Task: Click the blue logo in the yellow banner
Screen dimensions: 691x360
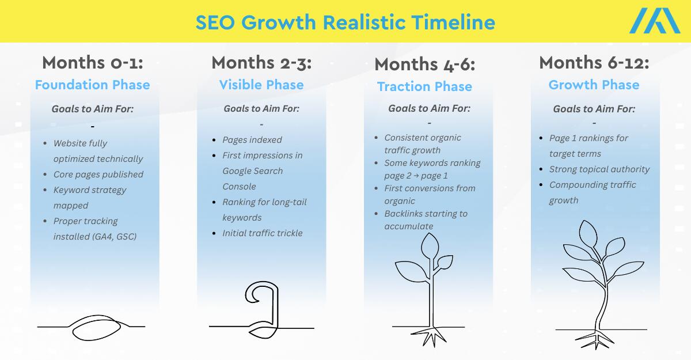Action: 655,21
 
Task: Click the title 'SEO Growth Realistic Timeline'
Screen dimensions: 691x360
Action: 345,22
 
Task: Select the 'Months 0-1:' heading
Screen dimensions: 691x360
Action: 93,63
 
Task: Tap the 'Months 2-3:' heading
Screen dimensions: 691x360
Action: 261,63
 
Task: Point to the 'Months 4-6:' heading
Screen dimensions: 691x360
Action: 425,65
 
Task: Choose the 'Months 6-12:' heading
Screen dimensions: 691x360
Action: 594,63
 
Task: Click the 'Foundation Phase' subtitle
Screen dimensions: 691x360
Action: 93,85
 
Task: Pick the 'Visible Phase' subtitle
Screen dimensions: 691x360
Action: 261,85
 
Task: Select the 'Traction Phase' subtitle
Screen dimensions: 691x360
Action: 425,86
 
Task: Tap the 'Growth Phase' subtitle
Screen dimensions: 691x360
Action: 594,85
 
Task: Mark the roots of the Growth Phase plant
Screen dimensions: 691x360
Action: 595,340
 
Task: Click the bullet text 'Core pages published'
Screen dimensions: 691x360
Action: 98,175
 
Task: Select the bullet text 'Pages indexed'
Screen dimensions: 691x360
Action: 252,140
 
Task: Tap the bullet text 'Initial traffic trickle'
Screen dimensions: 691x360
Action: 262,233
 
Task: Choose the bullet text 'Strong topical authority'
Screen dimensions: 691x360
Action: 599,169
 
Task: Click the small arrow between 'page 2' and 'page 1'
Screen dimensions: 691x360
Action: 416,176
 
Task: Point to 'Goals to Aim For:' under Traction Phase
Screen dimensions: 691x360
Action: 429,108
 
